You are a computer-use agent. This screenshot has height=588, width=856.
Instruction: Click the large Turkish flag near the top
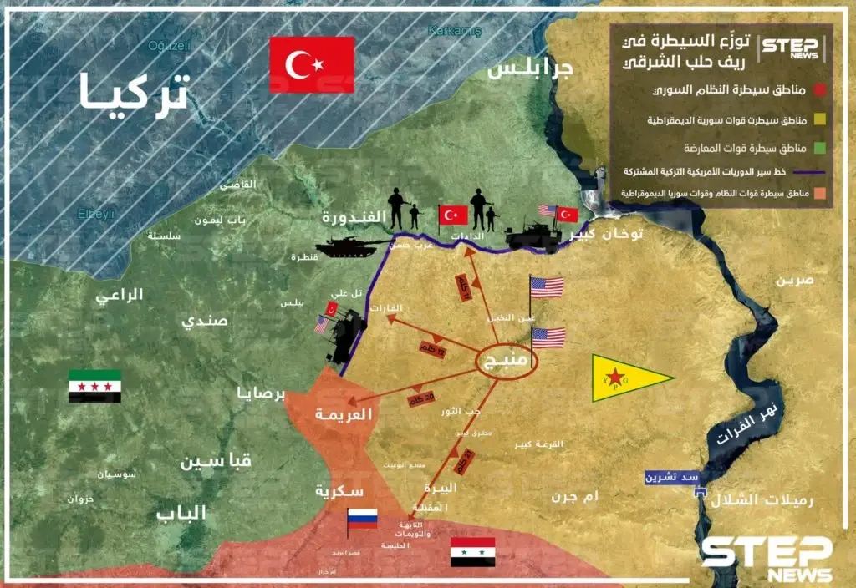pos(312,64)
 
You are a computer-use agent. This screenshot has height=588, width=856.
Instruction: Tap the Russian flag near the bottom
pos(363,519)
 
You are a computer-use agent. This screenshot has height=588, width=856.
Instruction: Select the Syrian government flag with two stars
pos(472,552)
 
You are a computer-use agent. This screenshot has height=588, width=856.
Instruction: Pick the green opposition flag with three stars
pos(94,386)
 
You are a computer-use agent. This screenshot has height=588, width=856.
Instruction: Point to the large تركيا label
pos(134,94)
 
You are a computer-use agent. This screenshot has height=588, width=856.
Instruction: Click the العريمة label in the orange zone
pos(342,414)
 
